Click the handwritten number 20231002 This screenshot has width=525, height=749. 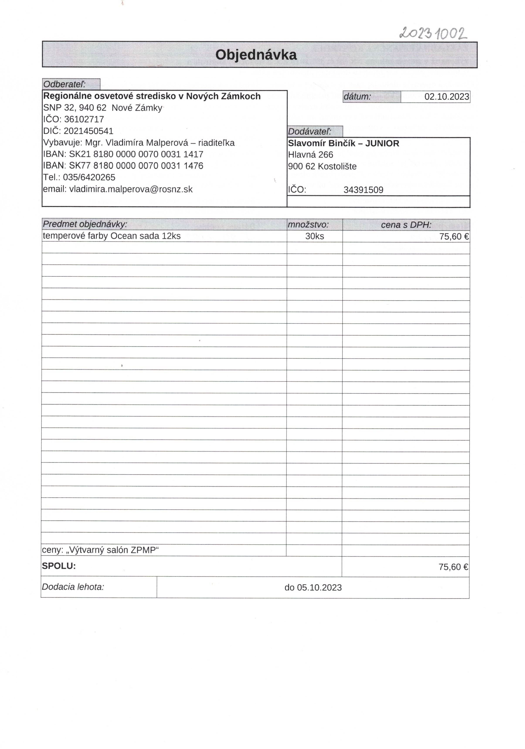point(433,33)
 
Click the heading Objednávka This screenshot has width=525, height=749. point(256,55)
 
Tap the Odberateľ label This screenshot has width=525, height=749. point(65,84)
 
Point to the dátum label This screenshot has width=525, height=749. point(357,97)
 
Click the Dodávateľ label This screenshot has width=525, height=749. point(309,131)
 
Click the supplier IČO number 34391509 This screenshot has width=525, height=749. point(363,190)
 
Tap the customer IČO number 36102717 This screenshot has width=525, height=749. point(84,119)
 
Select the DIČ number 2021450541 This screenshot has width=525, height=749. point(88,131)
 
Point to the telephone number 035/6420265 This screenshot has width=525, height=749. point(89,177)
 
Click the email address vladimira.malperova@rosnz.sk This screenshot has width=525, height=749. point(131,189)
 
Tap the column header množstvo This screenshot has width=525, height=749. point(308,224)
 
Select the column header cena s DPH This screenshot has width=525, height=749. point(406,225)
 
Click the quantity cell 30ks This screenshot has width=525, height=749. point(314,236)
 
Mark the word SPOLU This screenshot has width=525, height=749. point(59,566)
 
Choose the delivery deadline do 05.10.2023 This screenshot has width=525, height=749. point(313,588)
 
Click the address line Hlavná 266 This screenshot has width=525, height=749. point(310,155)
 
